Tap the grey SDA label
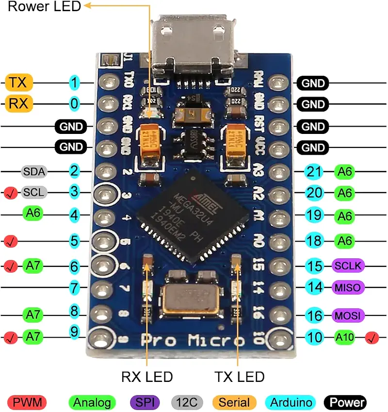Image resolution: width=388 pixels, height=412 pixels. tap(33, 171)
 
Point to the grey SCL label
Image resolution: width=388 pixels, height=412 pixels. tap(34, 192)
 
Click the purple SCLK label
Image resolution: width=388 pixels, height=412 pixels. tap(348, 265)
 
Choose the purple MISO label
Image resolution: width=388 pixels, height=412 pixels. tap(348, 287)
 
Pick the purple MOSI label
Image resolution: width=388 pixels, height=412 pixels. tap(348, 316)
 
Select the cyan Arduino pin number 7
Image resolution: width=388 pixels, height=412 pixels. tap(74, 287)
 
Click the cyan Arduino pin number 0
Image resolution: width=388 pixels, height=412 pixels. tap(74, 103)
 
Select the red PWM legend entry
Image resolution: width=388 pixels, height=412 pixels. tap(27, 402)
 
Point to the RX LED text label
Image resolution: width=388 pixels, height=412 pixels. tap(146, 377)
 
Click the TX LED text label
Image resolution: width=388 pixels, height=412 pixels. tap(239, 377)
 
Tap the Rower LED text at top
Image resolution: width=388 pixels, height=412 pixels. tap(44, 7)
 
